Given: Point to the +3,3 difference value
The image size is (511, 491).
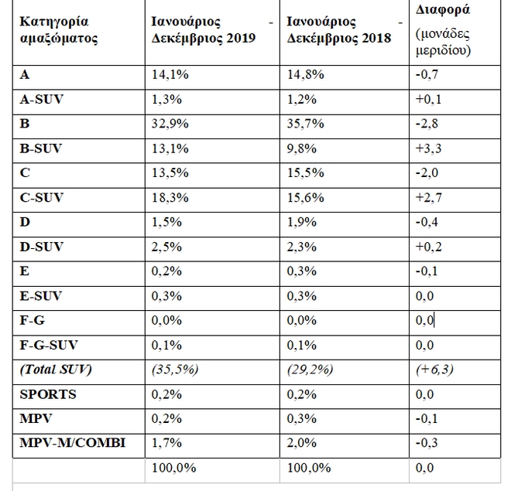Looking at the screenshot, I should (428, 148).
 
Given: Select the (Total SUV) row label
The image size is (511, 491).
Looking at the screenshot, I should (56, 370).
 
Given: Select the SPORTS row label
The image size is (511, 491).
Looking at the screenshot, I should (48, 394).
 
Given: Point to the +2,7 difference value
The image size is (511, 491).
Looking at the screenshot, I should (428, 197).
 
